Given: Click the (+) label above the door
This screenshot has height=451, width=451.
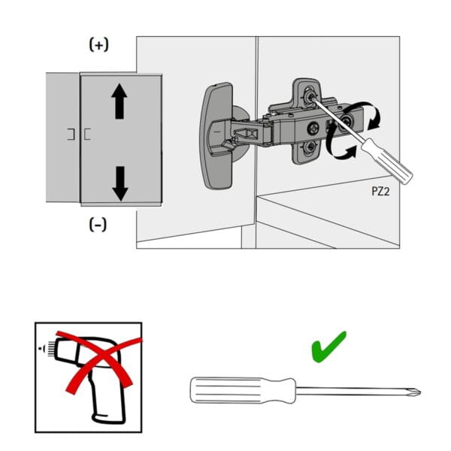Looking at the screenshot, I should point(98,45).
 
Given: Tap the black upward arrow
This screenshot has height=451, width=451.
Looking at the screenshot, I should point(119,101).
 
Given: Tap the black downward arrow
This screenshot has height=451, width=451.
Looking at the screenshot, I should point(119,183).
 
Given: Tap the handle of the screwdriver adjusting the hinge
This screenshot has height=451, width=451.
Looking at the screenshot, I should point(387,159).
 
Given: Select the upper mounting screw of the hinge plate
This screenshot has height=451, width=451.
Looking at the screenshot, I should point(308,93).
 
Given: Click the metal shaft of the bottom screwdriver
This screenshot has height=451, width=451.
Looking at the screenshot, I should point(353,391).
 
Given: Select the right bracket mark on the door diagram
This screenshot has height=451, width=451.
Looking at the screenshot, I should point(89,135).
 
